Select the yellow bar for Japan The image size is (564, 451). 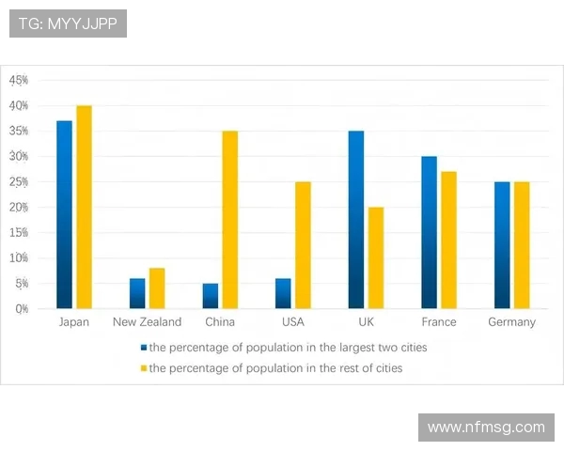[84, 207]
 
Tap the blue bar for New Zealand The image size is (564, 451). [137, 293]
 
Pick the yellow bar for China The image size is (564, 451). [230, 219]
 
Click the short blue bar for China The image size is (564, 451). [211, 296]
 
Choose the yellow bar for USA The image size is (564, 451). [303, 244]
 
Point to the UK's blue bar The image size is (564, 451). [356, 219]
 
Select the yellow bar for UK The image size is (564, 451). [376, 257]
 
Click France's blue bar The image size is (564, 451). [429, 232]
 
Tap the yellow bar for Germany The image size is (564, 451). [522, 244]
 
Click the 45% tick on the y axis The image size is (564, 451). [19, 81]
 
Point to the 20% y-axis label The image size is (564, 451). [19, 207]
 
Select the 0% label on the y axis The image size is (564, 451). [21, 308]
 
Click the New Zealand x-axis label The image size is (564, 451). [147, 322]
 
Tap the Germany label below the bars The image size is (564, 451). [511, 322]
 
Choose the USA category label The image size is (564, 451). [292, 322]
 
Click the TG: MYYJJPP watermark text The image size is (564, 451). [68, 23]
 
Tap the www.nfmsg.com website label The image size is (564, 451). [486, 428]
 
